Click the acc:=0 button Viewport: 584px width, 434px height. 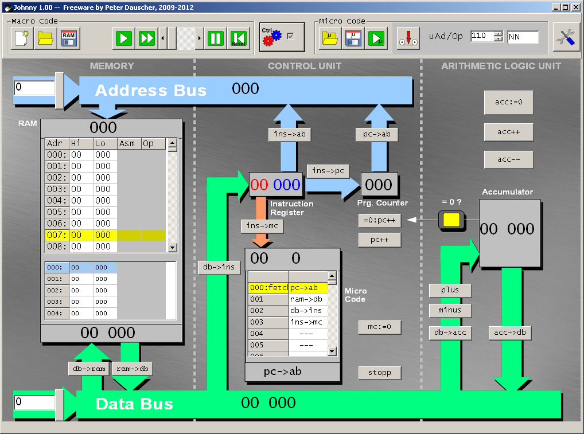508,102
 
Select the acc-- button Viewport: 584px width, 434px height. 508,159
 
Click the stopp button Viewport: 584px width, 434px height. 379,373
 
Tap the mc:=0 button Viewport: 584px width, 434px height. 379,327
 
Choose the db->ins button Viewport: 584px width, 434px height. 219,267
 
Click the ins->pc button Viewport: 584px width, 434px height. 328,171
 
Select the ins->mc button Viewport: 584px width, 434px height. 262,226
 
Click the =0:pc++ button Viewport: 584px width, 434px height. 379,221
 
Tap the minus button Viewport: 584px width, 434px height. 450,310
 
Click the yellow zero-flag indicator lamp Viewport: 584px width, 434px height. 451,220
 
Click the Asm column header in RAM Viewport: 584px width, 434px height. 129,143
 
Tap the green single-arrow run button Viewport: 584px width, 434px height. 124,38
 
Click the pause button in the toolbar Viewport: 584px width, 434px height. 216,38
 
